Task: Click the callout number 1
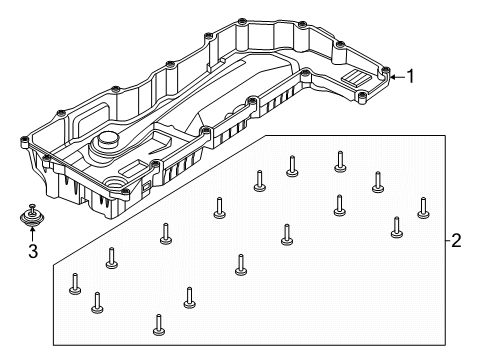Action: tap(410, 76)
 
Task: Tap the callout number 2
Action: tap(456, 240)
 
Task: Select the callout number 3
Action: tap(33, 251)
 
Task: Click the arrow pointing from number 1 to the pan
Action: tap(397, 77)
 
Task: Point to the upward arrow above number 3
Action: tap(32, 233)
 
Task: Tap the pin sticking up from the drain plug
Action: tap(32, 207)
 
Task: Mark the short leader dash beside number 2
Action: tap(448, 240)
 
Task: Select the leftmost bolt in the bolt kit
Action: tap(75, 284)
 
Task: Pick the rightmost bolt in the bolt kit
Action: tap(423, 208)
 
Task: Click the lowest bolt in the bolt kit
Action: tap(159, 325)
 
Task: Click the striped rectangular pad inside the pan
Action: tap(356, 78)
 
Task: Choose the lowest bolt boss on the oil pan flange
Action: tap(125, 193)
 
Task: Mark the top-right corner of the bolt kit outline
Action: tap(445, 135)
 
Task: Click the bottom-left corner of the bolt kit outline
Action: tap(54, 345)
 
